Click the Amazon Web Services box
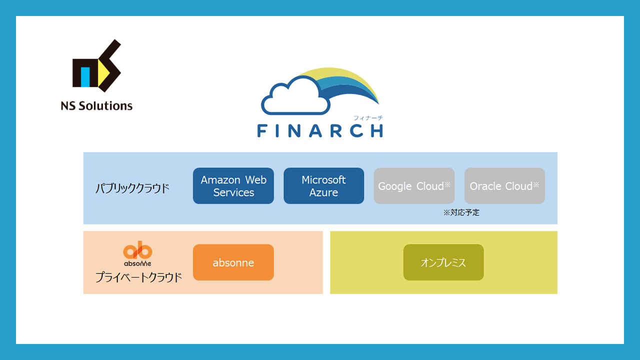click(x=233, y=186)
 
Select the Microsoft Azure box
click(x=323, y=186)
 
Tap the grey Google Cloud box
click(x=414, y=186)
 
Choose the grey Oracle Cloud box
click(x=504, y=186)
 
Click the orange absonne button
click(x=233, y=262)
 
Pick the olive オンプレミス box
click(x=443, y=262)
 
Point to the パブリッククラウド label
click(x=132, y=188)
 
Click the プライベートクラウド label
click(x=138, y=277)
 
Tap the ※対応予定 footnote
click(x=461, y=212)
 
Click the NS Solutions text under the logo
click(x=96, y=106)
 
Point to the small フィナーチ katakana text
click(x=368, y=118)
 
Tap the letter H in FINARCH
click(x=375, y=130)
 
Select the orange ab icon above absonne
click(x=137, y=251)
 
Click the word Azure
click(x=323, y=192)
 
